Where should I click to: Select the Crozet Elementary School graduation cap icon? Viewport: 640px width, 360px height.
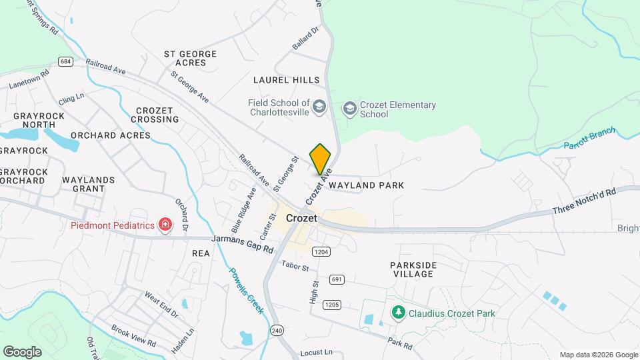[x=349, y=108]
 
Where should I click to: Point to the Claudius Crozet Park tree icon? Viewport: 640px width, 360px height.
[x=398, y=311]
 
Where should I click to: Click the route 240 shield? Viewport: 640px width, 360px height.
[x=277, y=330]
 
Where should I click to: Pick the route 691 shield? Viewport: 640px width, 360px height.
[x=337, y=279]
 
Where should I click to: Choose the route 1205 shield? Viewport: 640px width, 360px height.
[x=331, y=305]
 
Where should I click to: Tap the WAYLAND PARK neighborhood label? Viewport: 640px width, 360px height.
[x=366, y=185]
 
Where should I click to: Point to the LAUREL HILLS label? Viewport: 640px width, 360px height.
[x=287, y=80]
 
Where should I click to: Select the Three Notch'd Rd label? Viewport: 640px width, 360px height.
[x=583, y=200]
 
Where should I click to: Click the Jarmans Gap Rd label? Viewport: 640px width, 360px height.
[x=242, y=243]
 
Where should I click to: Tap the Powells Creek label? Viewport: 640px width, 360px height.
[x=246, y=291]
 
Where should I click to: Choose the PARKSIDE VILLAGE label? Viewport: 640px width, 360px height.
[x=413, y=269]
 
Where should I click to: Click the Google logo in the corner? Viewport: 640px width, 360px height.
[x=22, y=351]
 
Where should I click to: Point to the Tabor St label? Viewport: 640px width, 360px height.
[x=295, y=267]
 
